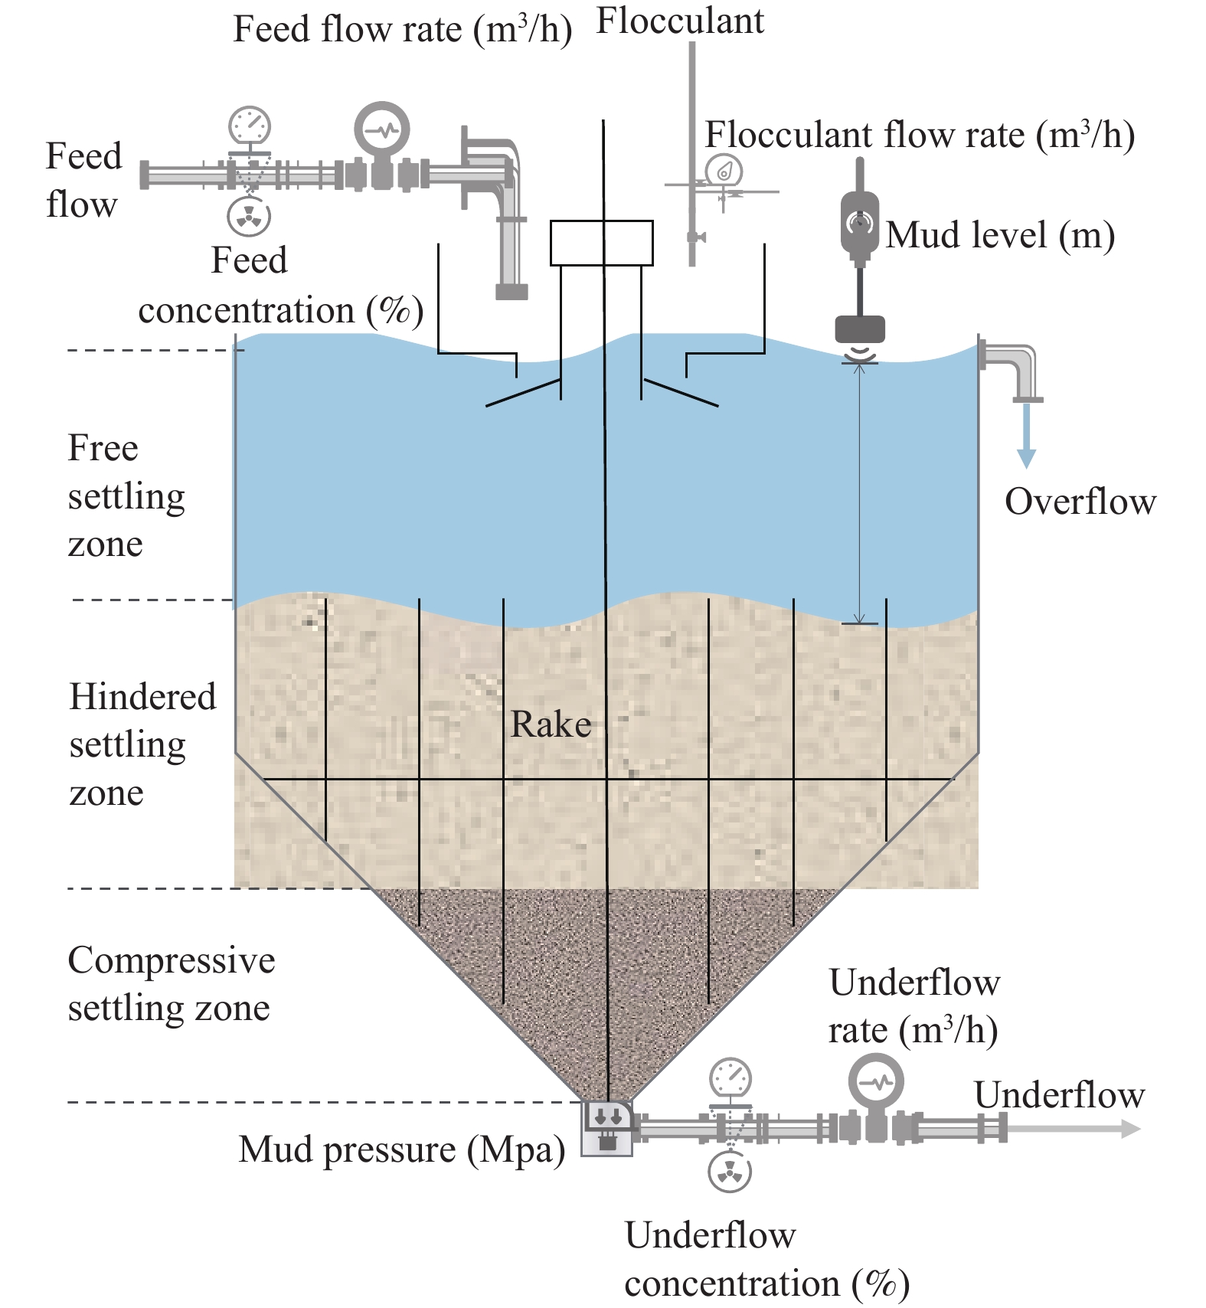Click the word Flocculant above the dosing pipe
[680, 21]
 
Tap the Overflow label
[1080, 502]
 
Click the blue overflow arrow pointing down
[1026, 435]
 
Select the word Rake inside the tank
[551, 724]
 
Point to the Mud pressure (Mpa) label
[402, 1150]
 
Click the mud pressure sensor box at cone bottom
[607, 1128]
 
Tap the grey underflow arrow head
[1130, 1128]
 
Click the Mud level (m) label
[1000, 235]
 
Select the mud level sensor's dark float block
[859, 329]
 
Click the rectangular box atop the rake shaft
[602, 243]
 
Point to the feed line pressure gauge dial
[250, 125]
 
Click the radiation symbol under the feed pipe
[249, 216]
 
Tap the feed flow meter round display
[382, 129]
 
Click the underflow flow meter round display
[876, 1082]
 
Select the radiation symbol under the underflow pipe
[730, 1172]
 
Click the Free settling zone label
[126, 495]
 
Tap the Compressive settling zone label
[172, 983]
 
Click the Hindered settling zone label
[143, 744]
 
